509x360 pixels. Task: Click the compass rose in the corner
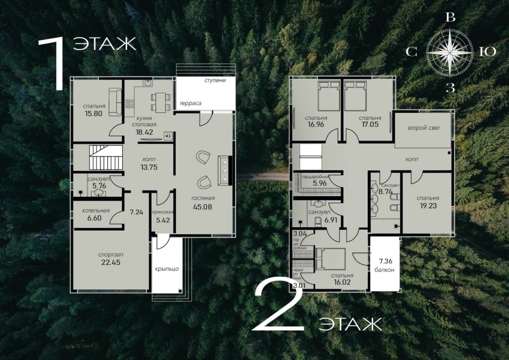click(x=449, y=52)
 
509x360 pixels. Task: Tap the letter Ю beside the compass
click(x=488, y=52)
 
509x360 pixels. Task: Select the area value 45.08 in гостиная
click(x=203, y=207)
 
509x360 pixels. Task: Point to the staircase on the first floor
click(x=106, y=158)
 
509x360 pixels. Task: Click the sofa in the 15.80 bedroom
click(x=115, y=102)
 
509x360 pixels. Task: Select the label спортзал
click(x=111, y=255)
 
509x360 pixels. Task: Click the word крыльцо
click(x=167, y=269)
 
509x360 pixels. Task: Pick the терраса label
click(x=190, y=103)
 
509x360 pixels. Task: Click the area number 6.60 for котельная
click(x=94, y=218)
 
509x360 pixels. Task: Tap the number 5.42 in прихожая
click(x=163, y=220)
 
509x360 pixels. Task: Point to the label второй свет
click(x=424, y=128)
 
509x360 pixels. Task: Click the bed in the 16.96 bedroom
click(x=329, y=96)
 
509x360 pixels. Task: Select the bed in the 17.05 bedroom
click(x=355, y=96)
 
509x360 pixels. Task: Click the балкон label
click(x=385, y=270)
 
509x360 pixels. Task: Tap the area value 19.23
click(x=428, y=205)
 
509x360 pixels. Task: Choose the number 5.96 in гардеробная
click(x=320, y=183)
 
